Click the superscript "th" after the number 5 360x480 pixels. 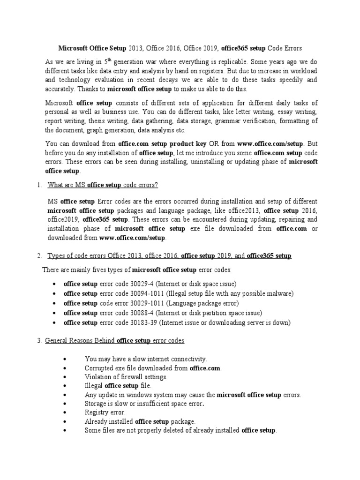click(108, 60)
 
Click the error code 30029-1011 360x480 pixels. click(148, 303)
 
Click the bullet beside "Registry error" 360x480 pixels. click(65, 413)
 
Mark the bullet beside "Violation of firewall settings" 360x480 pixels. click(65, 377)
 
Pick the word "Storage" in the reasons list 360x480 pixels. click(96, 404)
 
